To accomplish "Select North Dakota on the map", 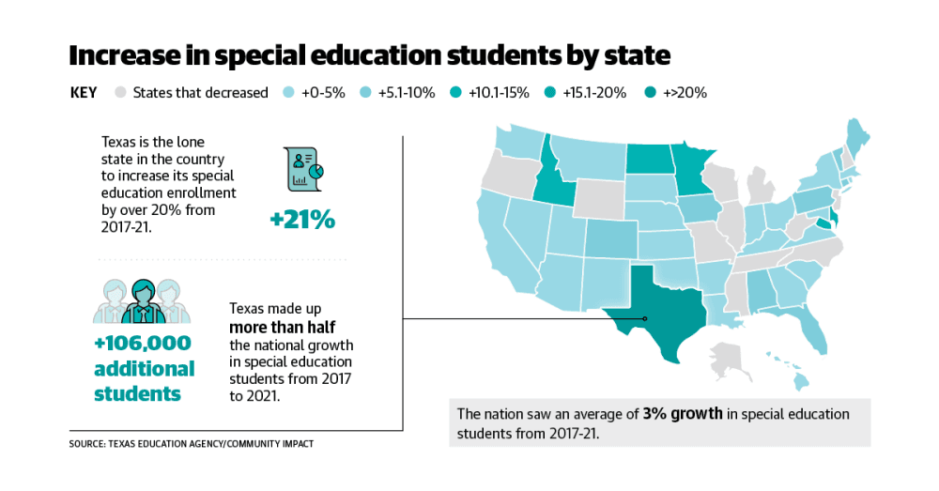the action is [x=649, y=159].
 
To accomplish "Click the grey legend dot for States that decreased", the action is [x=120, y=92].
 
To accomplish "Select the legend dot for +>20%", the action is [x=651, y=92].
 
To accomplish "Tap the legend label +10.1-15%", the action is [x=499, y=93].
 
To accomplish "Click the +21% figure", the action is [x=302, y=220].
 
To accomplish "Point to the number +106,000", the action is [x=143, y=343].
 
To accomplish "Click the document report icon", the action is [x=303, y=169].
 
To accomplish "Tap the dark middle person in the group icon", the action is [x=143, y=301].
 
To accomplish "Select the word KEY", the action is [x=84, y=93].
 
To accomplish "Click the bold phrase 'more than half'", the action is [x=282, y=327].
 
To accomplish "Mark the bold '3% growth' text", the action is [x=683, y=414].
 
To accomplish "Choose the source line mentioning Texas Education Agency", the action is [x=191, y=444].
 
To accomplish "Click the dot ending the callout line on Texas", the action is [x=645, y=318].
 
